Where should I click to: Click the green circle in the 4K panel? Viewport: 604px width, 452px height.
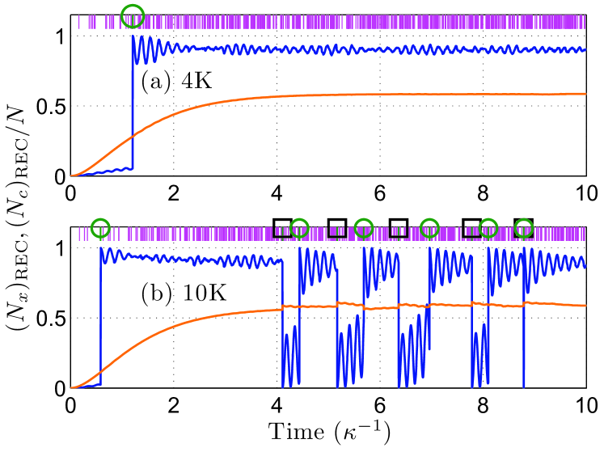[x=133, y=15]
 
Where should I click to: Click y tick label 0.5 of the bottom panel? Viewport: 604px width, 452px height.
[x=50, y=319]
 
